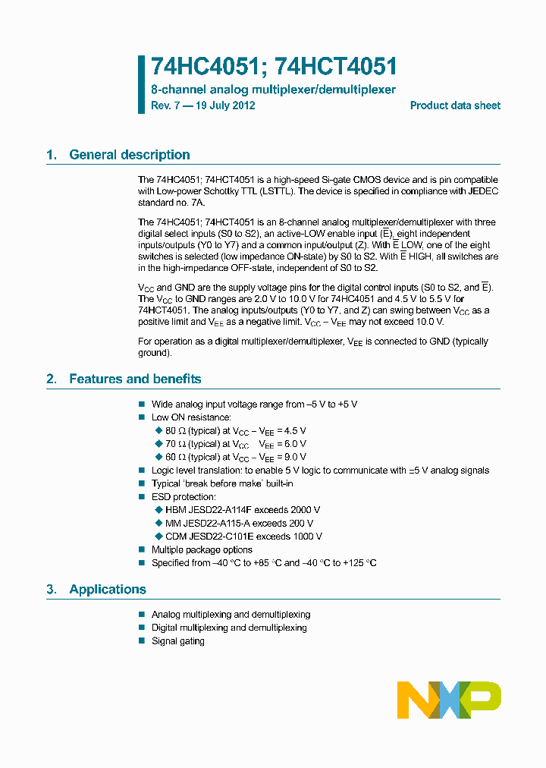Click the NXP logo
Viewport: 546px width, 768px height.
pos(449,700)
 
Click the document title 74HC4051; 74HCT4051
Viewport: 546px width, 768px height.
pos(274,68)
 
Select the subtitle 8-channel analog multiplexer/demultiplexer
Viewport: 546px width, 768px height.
pos(273,90)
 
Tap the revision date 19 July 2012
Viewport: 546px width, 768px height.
pos(225,105)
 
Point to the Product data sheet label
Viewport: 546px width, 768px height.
pos(455,105)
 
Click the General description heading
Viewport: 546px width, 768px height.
pos(129,155)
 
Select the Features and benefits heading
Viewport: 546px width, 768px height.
pos(135,379)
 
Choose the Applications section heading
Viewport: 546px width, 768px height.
pos(107,590)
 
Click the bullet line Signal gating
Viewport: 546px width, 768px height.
pos(177,641)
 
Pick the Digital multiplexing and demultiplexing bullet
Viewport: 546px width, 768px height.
pos(229,628)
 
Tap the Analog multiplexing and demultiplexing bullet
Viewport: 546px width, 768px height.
pos(231,615)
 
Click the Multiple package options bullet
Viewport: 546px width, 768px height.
pos(202,549)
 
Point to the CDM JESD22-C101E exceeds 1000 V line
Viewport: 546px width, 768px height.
pos(243,537)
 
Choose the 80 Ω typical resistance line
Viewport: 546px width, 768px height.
pos(235,430)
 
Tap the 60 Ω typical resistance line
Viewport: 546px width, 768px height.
pos(235,457)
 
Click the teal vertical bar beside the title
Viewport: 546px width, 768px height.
pos(141,83)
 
